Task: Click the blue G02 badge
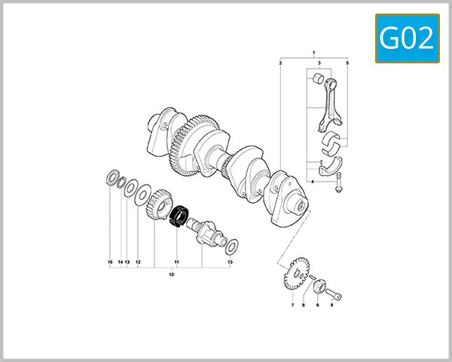coord(407,38)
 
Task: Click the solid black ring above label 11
coord(179,216)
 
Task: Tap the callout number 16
coord(110,262)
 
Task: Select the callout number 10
coord(171,276)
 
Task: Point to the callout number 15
coord(231,262)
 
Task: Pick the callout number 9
coord(331,305)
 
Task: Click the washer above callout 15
coord(233,245)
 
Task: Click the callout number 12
coord(138,262)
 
